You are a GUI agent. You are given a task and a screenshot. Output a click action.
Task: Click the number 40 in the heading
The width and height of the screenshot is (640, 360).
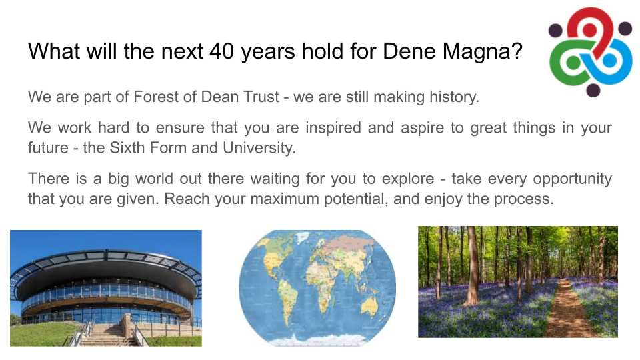pos(221,51)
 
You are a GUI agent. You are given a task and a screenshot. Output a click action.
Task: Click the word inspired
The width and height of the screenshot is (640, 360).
pos(333,128)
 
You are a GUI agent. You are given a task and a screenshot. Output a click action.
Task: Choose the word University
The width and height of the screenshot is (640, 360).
pos(259,148)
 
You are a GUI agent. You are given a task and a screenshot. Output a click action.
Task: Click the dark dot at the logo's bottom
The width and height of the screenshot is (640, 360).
pos(593,90)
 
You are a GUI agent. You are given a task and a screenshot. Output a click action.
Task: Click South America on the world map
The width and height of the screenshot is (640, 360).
pos(289,298)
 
